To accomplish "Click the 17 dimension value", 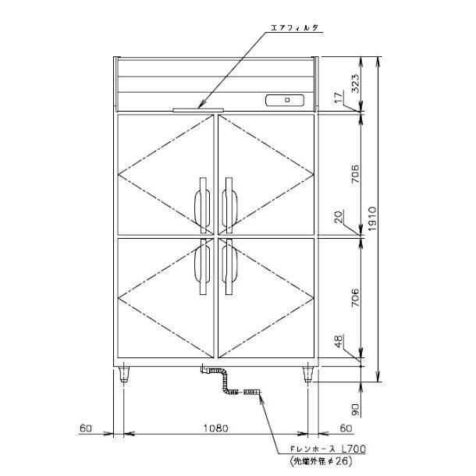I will pyautogui.click(x=337, y=98).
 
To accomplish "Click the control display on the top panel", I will pyautogui.click(x=286, y=100).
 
